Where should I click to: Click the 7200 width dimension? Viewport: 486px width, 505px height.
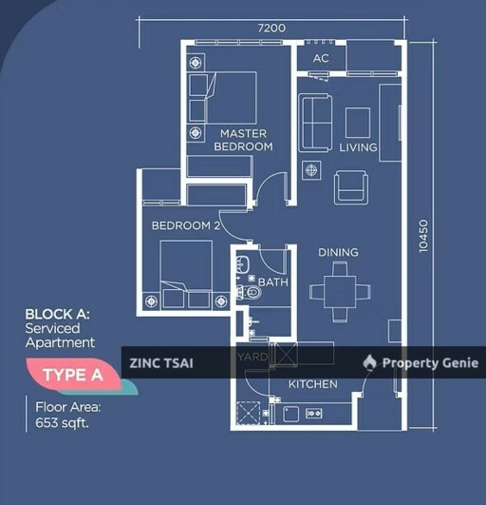click(271, 28)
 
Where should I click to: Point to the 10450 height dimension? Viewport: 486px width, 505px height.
click(423, 236)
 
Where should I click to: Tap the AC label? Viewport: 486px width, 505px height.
click(321, 58)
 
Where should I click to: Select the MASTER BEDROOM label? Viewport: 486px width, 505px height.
click(243, 140)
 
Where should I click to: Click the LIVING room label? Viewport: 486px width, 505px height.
click(358, 147)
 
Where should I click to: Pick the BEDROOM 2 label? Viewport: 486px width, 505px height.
click(186, 225)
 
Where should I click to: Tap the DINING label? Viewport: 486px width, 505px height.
click(338, 252)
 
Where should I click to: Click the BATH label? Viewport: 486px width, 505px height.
click(272, 282)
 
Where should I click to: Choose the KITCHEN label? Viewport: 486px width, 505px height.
click(312, 384)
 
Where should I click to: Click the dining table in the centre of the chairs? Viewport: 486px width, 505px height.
click(340, 292)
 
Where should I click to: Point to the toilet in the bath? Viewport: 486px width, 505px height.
click(249, 293)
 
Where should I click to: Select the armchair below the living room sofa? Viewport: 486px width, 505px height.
click(351, 187)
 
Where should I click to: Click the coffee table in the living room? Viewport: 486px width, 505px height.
click(358, 123)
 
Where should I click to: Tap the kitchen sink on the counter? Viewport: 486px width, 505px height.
click(290, 414)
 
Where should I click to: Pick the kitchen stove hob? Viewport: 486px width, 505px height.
click(313, 413)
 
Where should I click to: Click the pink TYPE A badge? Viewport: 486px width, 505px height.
click(73, 375)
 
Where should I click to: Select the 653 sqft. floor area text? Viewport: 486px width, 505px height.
click(62, 422)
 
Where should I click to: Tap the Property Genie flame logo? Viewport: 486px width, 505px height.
click(369, 362)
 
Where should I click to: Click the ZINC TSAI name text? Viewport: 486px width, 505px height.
click(161, 363)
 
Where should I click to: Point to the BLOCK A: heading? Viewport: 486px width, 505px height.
click(58, 314)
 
